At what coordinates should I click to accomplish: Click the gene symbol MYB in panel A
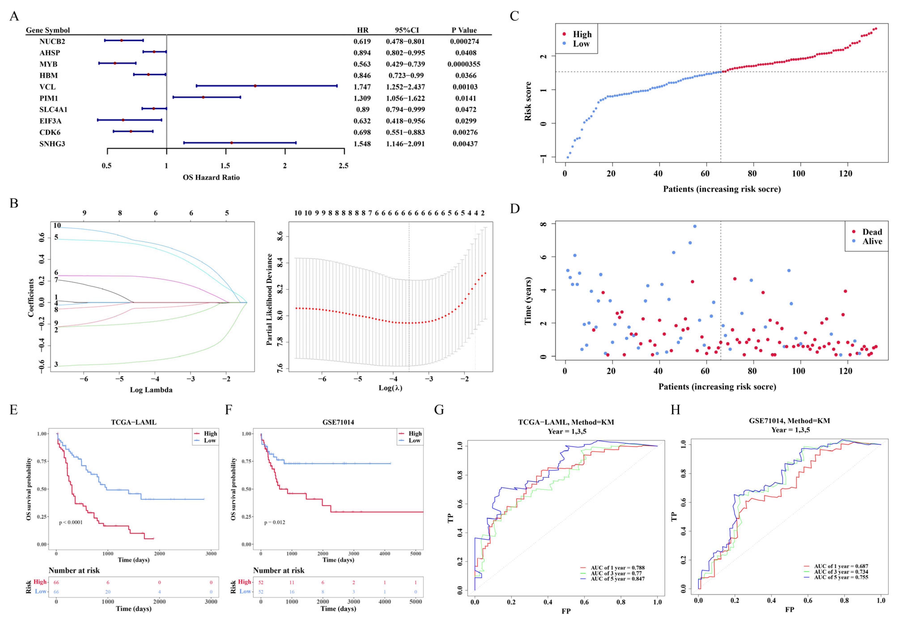(48, 64)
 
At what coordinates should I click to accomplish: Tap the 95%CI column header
(407, 30)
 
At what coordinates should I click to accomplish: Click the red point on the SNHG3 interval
(231, 143)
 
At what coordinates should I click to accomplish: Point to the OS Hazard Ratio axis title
(211, 177)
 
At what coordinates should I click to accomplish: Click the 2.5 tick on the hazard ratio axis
(343, 166)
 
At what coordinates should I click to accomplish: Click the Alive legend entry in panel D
(872, 241)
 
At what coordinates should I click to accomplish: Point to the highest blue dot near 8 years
(694, 226)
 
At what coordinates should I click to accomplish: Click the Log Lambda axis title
(151, 390)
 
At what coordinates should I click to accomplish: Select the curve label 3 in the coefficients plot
(56, 364)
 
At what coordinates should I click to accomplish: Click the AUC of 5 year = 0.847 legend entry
(617, 579)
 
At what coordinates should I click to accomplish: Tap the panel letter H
(675, 410)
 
